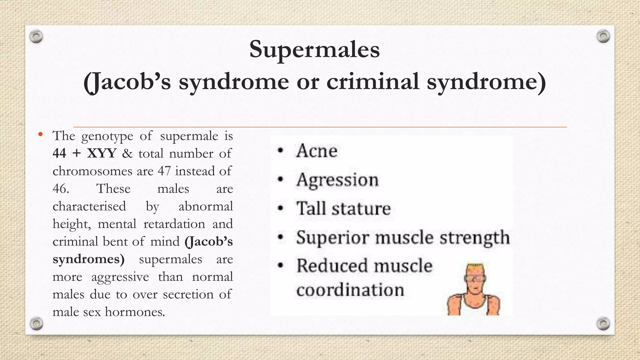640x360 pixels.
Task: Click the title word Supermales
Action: (314, 50)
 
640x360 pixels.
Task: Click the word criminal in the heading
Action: (372, 82)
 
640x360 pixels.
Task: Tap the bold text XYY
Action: (102, 153)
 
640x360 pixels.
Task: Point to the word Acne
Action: (317, 151)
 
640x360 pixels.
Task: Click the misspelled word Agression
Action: (337, 180)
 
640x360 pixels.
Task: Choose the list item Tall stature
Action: (343, 208)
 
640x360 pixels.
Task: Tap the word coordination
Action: (350, 290)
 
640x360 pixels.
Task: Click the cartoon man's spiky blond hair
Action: (475, 268)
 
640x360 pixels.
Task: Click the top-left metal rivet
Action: (36, 37)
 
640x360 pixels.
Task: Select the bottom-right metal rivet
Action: (603, 323)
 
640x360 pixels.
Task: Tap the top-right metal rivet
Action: (603, 37)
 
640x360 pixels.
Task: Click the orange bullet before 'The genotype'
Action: (40, 135)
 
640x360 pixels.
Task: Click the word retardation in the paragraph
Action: (174, 224)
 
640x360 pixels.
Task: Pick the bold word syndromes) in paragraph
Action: (88, 259)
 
